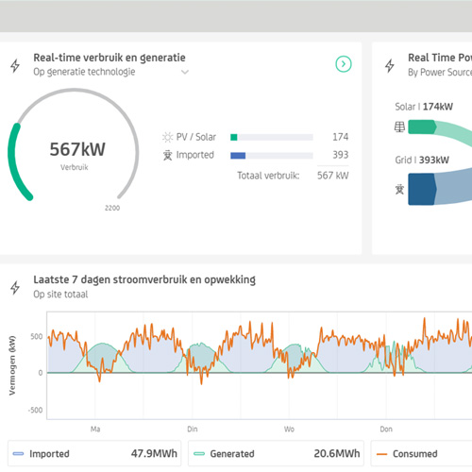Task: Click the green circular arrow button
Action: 344,64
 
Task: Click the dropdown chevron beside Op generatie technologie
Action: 185,72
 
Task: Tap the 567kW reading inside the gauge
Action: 77,149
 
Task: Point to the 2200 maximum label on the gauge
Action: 112,208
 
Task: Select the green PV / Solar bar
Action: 234,137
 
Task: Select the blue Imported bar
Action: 238,156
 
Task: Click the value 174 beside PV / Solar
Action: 341,137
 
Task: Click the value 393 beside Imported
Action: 341,155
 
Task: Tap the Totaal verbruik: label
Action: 268,176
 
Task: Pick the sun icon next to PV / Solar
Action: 167,137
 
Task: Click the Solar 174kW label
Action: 424,107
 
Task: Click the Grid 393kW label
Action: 422,160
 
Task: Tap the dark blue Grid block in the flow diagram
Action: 422,189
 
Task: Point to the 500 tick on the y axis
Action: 37,336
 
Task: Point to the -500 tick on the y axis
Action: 35,410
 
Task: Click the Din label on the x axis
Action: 193,430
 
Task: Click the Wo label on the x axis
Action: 289,430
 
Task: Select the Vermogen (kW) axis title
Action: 12,365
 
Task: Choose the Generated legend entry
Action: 232,454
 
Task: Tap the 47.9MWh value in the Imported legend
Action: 154,453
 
